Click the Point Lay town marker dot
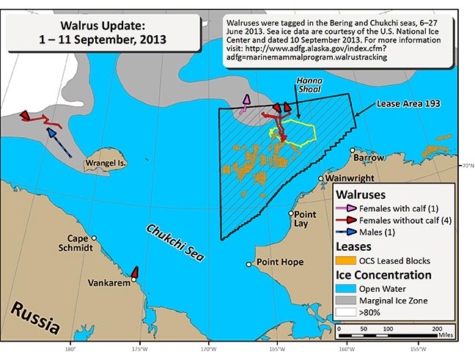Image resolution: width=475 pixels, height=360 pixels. coord(291,214)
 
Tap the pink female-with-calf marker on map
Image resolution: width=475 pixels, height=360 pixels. coord(246,100)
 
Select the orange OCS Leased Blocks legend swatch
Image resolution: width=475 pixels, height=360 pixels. coord(345,260)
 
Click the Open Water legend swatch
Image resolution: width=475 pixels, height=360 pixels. coord(345,287)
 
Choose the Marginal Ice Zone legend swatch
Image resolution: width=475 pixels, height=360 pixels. coord(345,300)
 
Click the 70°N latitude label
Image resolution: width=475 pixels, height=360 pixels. coord(465,166)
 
